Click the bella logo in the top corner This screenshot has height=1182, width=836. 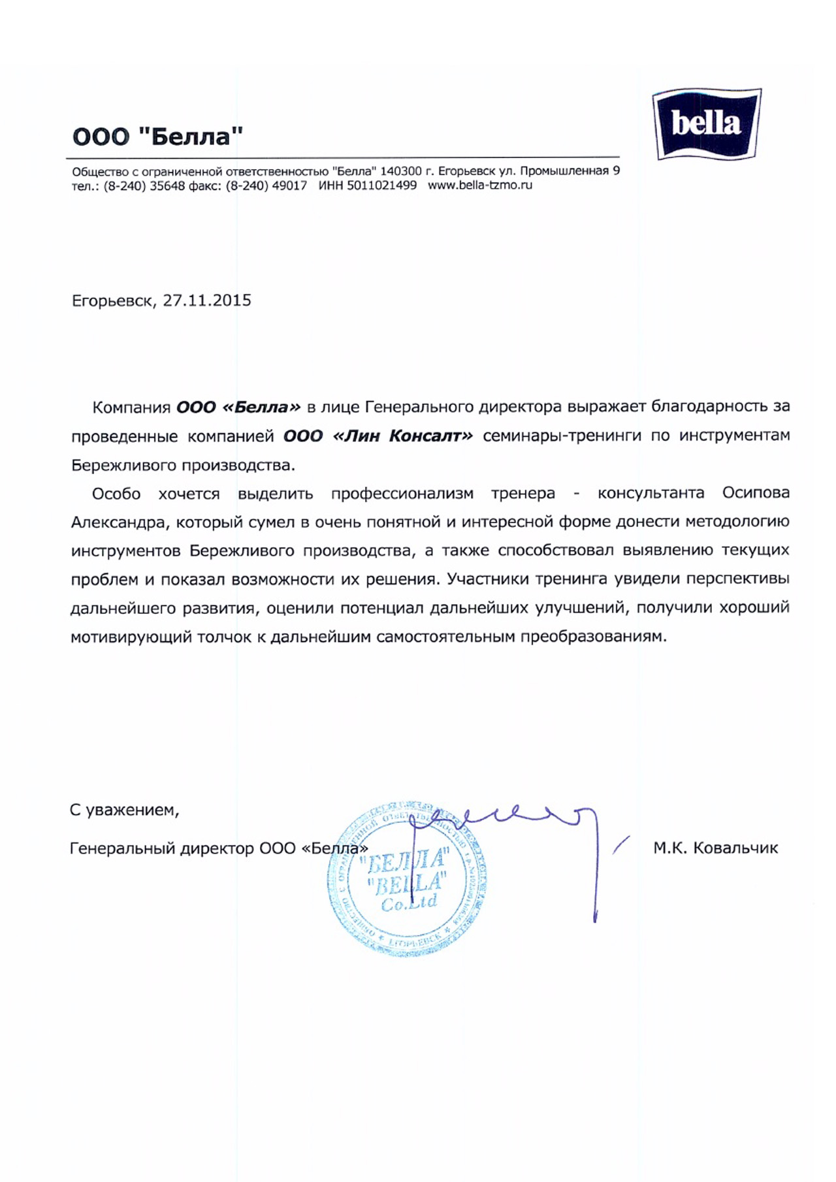click(707, 124)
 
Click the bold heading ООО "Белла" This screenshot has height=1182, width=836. click(157, 136)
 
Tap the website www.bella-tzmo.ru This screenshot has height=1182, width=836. click(480, 185)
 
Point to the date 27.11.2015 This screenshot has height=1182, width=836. click(207, 300)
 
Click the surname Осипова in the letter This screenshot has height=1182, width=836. click(756, 493)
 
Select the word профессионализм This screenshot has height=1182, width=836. click(402, 493)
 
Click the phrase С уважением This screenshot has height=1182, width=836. click(124, 810)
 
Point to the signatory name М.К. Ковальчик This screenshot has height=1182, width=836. click(715, 848)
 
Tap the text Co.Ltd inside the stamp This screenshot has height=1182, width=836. click(409, 904)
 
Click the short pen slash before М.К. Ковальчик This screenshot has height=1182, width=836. click(621, 844)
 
